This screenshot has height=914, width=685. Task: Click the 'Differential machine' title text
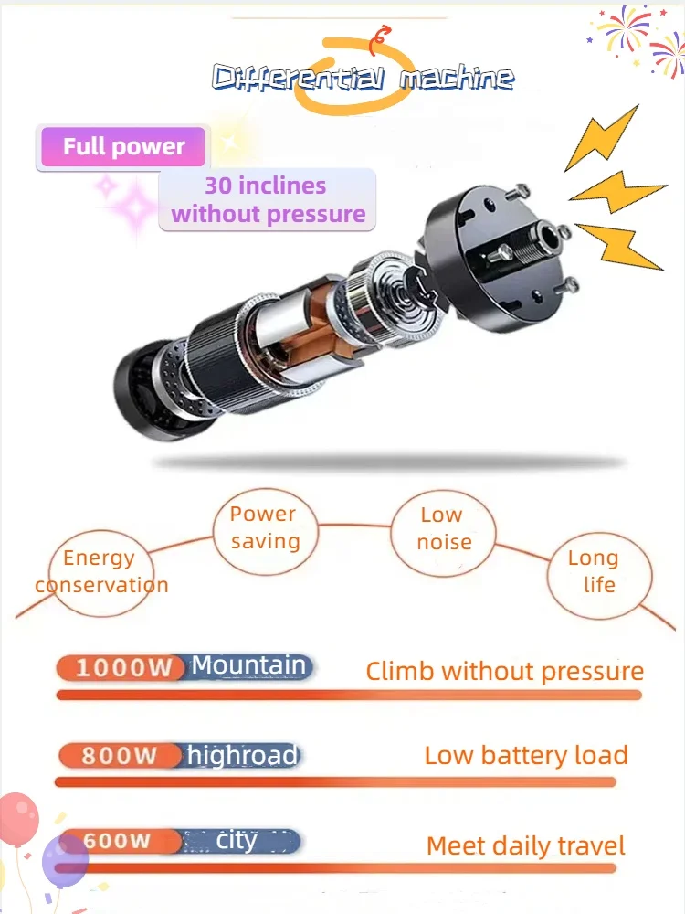[x=363, y=78]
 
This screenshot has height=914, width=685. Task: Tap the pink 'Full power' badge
[x=123, y=147]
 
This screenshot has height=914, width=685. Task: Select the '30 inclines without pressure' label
[x=268, y=200]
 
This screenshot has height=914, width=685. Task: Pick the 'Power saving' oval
[x=264, y=527]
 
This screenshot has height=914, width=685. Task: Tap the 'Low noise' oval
[x=444, y=528]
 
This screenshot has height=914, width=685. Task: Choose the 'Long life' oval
[x=599, y=571]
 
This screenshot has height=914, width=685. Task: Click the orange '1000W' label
[x=123, y=667]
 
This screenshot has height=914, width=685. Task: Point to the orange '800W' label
[x=119, y=756]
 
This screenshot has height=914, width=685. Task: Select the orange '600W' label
[x=117, y=841]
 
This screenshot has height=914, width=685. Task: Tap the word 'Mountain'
[x=248, y=665]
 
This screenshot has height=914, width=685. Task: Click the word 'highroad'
[x=242, y=756]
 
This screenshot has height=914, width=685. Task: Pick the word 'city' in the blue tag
[x=237, y=840]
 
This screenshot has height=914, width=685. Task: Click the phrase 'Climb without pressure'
[x=504, y=672]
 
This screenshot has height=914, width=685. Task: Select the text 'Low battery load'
[x=526, y=756]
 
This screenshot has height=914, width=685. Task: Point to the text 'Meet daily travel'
[x=526, y=845]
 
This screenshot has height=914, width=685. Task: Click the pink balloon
[x=18, y=818]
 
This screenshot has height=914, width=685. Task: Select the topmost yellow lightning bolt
[x=603, y=137]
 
